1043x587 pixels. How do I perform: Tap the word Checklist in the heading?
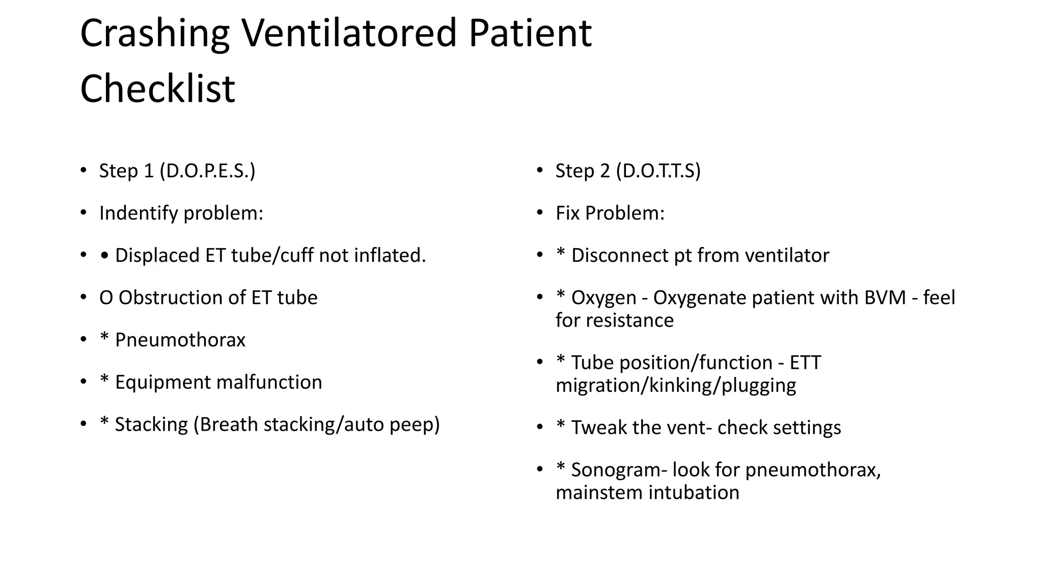(157, 89)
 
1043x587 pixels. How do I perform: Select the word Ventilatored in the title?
(349, 34)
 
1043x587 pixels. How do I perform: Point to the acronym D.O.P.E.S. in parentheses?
(207, 171)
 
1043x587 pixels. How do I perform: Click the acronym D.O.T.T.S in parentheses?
(658, 171)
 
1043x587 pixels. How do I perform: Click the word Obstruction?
(172, 298)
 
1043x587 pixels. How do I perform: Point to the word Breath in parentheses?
(229, 425)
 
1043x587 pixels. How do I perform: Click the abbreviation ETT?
(805, 363)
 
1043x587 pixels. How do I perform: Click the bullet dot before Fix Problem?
(540, 212)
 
